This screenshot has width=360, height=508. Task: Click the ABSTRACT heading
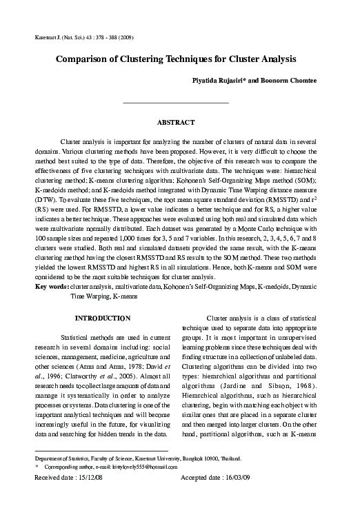pyautogui.click(x=175, y=121)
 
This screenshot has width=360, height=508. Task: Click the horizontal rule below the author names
pyautogui.click(x=175, y=102)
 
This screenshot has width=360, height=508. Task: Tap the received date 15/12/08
pyautogui.click(x=77, y=478)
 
